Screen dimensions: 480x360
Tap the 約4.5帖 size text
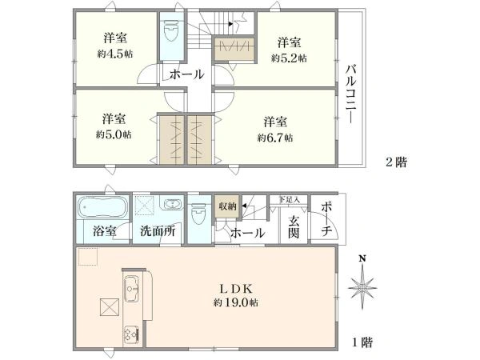click(x=115, y=54)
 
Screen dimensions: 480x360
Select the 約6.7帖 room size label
click(x=275, y=138)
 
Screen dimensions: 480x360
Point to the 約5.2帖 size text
click(x=289, y=58)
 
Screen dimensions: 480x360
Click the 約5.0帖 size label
click(x=114, y=134)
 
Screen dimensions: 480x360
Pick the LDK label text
click(x=236, y=288)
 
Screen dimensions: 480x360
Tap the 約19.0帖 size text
click(x=236, y=302)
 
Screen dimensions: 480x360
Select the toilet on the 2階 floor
click(x=172, y=31)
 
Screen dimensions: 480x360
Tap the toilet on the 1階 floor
click(x=198, y=215)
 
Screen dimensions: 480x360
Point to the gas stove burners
click(x=132, y=335)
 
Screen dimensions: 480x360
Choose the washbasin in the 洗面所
click(x=173, y=204)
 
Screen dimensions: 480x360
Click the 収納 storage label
click(x=227, y=206)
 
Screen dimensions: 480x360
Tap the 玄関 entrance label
click(x=294, y=227)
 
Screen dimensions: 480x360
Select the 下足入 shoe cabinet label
click(x=290, y=199)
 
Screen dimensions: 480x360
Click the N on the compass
click(x=362, y=259)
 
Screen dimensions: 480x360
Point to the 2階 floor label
click(x=396, y=162)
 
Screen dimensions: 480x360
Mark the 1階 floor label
click(x=362, y=342)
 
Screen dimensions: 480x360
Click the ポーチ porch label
click(x=326, y=219)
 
